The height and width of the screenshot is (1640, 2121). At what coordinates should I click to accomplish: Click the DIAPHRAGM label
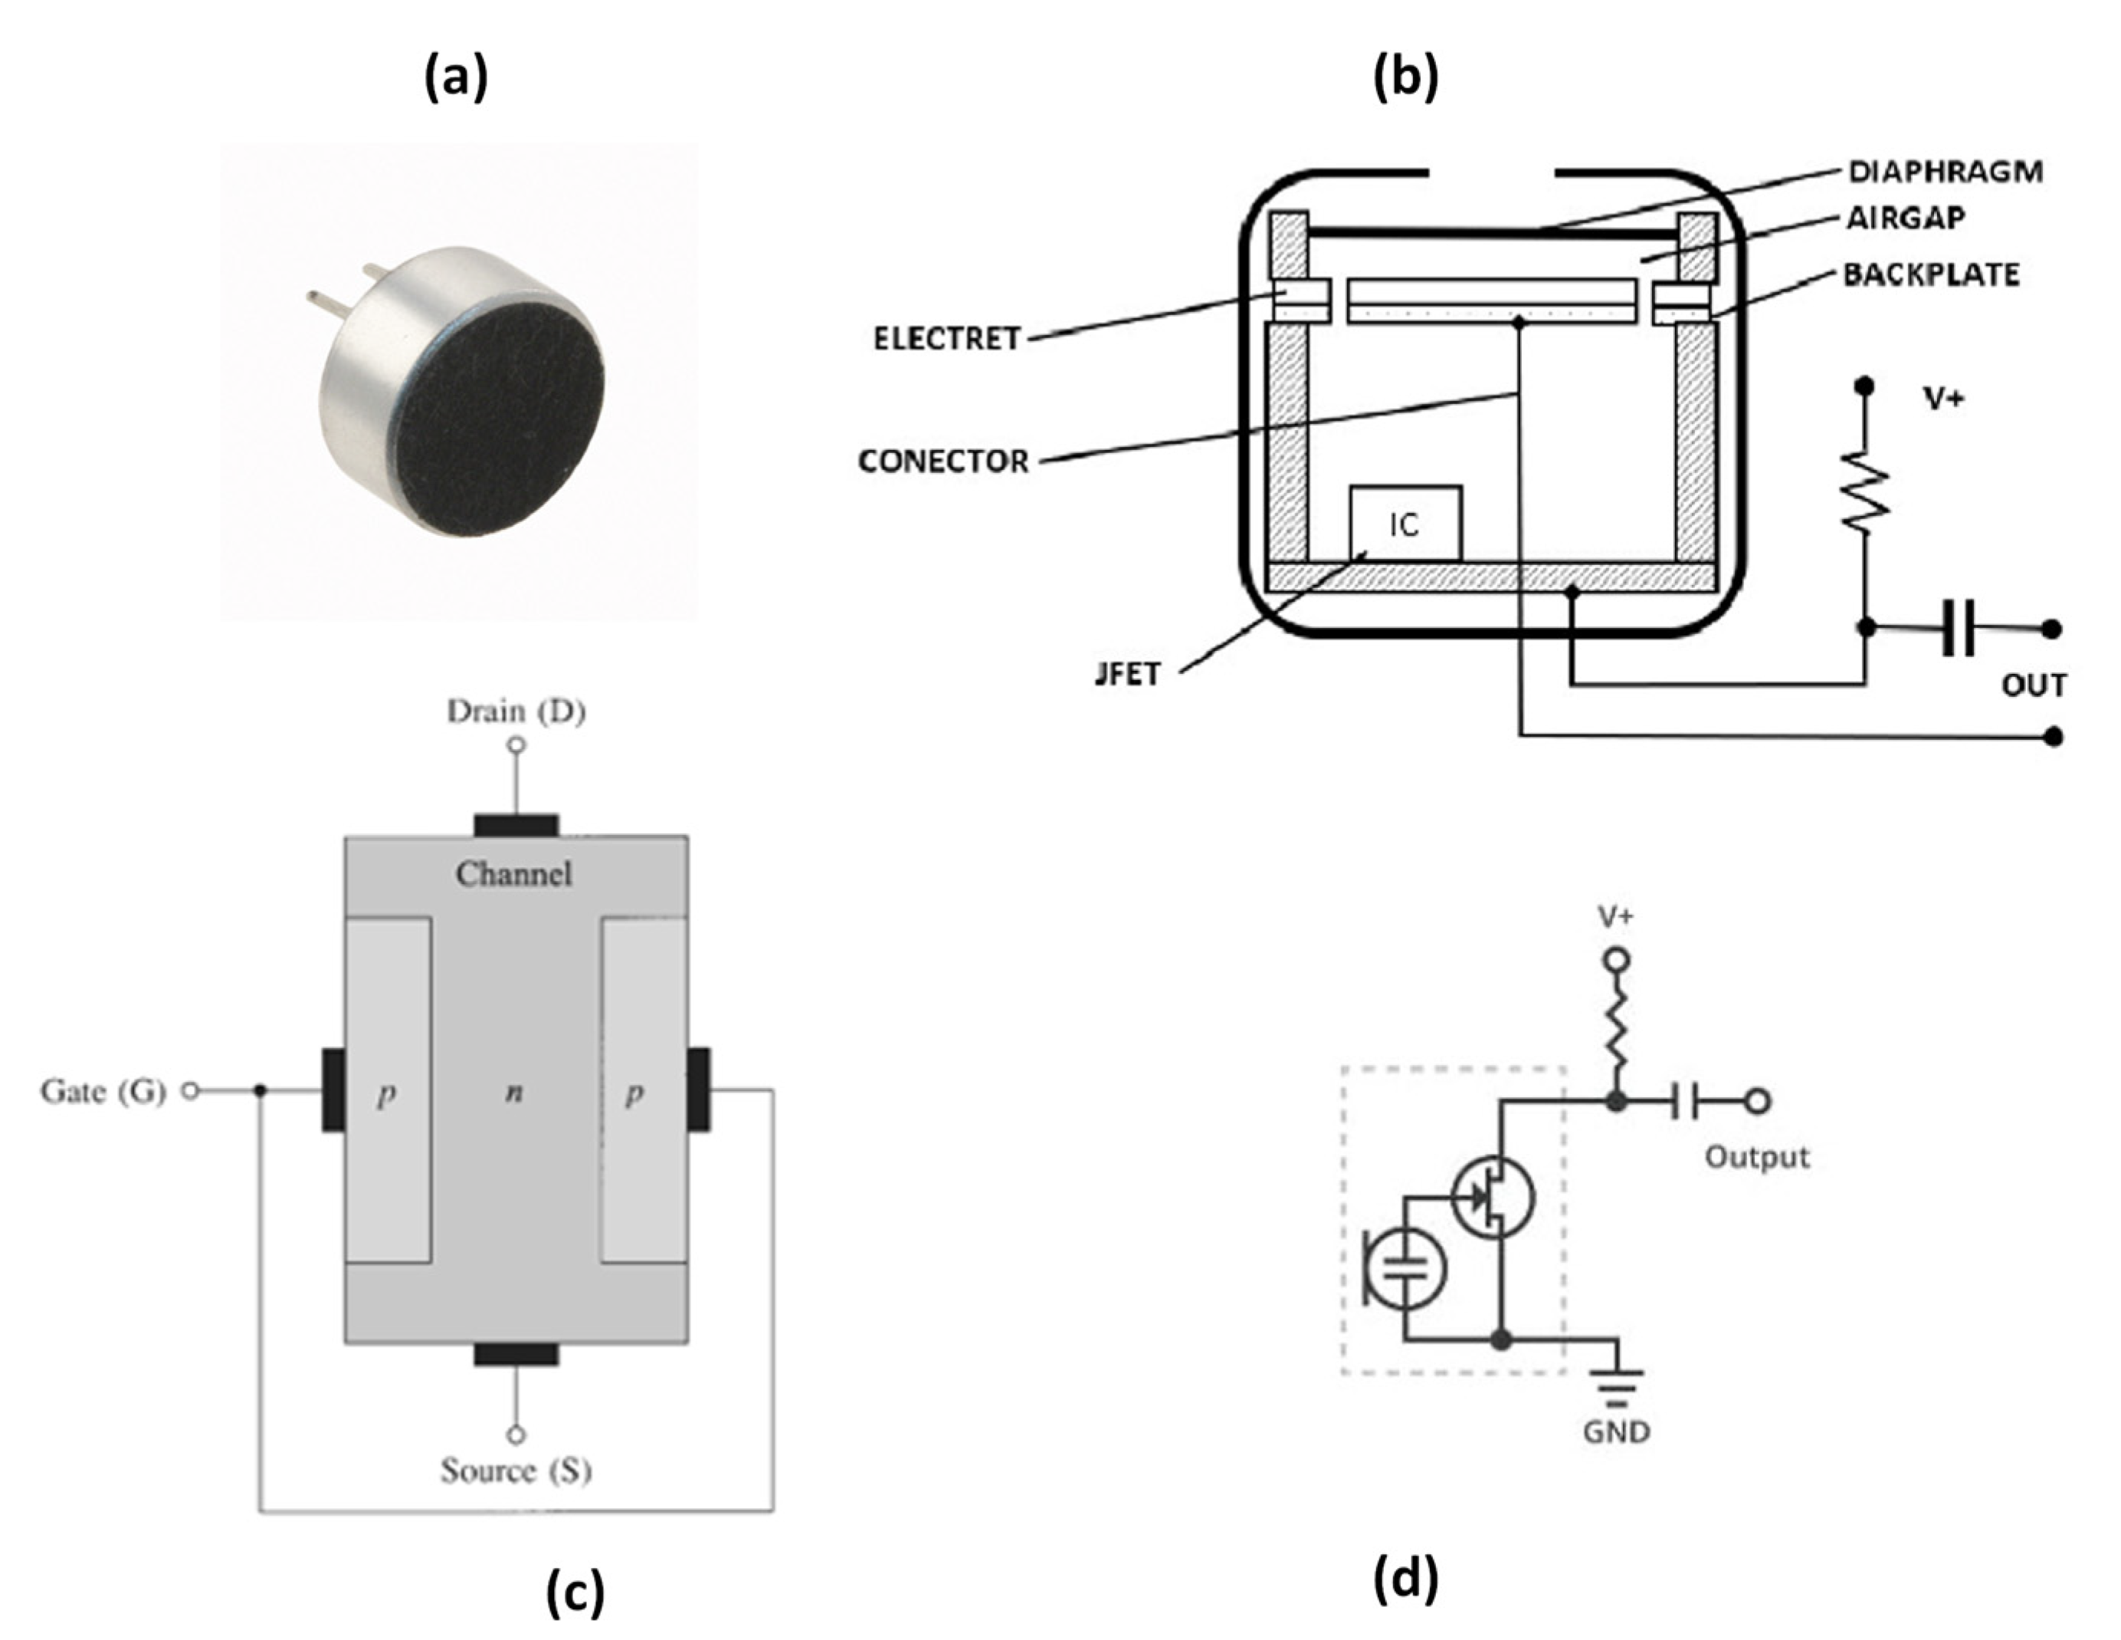pos(1944,172)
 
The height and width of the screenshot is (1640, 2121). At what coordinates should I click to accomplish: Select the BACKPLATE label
pos(1931,275)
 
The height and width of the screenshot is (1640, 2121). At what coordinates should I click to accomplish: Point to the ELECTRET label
pos(947,339)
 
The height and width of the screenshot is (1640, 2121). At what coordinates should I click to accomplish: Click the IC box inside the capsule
pos(1405,524)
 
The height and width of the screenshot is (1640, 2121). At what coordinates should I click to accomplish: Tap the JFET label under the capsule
pos(1126,673)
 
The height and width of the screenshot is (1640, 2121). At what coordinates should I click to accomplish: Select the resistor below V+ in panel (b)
pos(1864,491)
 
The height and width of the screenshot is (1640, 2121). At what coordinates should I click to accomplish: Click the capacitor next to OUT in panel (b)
pos(1958,629)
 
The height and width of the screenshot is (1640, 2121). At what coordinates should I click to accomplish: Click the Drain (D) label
pos(516,712)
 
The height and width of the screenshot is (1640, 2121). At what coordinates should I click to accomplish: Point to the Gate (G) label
pos(103,1091)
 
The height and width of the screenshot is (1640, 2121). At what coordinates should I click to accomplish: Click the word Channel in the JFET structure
pos(513,874)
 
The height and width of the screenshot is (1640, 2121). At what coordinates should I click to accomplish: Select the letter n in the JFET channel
pos(513,1093)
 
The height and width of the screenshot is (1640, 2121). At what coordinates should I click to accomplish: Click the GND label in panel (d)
pos(1616,1431)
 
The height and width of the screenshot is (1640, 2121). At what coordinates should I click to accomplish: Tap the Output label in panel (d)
pos(1757,1157)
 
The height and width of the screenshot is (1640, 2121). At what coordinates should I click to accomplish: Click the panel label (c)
pos(575,1592)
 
